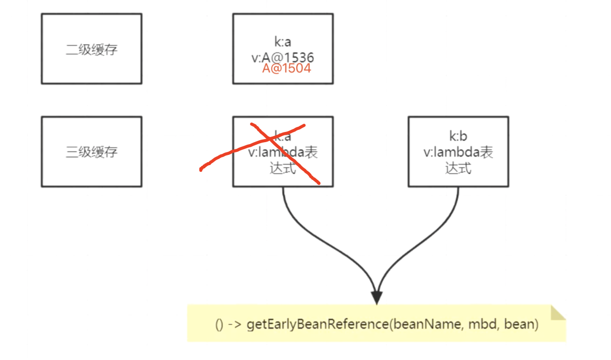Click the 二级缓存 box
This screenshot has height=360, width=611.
point(92,49)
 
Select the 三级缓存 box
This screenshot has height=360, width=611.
point(92,152)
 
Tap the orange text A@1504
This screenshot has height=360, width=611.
point(286,69)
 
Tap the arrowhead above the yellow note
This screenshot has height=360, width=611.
point(377,297)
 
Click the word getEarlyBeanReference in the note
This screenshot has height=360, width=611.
point(317,324)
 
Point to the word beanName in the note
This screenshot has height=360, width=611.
point(416,324)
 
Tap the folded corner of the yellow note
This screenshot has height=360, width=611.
point(558,312)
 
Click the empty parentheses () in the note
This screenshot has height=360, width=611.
point(220,325)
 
